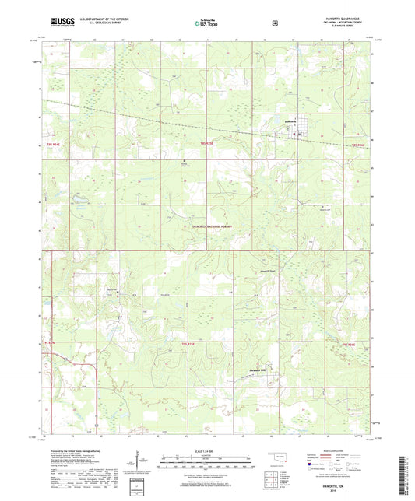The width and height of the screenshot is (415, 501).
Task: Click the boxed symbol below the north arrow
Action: tap(139, 487)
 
